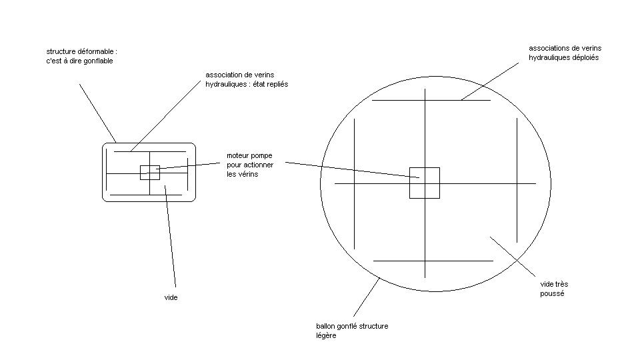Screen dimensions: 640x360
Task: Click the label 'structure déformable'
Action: [81, 51]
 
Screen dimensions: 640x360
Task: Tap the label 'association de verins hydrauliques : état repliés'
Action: [246, 80]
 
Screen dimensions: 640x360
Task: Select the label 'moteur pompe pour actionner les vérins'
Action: [249, 165]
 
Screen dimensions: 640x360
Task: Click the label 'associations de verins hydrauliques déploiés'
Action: [565, 53]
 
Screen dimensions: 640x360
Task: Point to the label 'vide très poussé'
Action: [554, 289]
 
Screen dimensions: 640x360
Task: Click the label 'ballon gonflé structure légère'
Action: [351, 331]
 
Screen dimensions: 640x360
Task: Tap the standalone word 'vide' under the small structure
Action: [171, 297]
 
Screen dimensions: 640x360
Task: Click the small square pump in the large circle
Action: [424, 183]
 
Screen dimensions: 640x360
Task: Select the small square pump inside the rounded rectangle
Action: [150, 172]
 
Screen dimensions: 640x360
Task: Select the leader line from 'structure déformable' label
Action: [97, 113]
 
